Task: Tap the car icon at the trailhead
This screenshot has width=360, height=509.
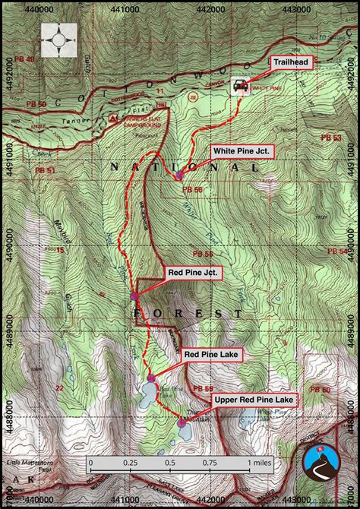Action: tap(241, 86)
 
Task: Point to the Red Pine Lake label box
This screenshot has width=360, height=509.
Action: tap(212, 353)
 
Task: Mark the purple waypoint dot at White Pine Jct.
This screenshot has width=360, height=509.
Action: tap(179, 175)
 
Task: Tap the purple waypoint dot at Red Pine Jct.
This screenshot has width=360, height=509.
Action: tap(134, 296)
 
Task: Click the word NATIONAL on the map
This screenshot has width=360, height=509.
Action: tap(167, 166)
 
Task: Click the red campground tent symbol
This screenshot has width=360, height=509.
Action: tap(114, 119)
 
